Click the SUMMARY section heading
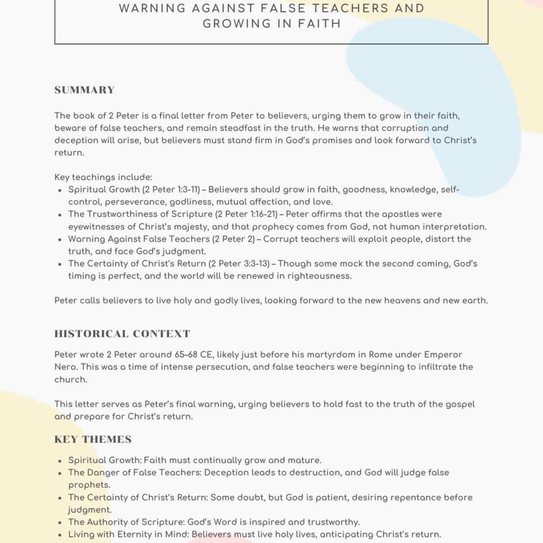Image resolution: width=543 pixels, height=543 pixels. click(x=84, y=90)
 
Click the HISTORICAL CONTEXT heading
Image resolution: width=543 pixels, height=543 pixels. click(x=122, y=333)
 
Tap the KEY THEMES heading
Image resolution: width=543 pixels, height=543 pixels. click(x=93, y=439)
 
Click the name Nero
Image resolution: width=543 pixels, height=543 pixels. click(x=66, y=367)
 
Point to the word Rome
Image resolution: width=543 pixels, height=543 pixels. click(x=381, y=355)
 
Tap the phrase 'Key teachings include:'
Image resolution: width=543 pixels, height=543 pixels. click(x=103, y=177)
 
